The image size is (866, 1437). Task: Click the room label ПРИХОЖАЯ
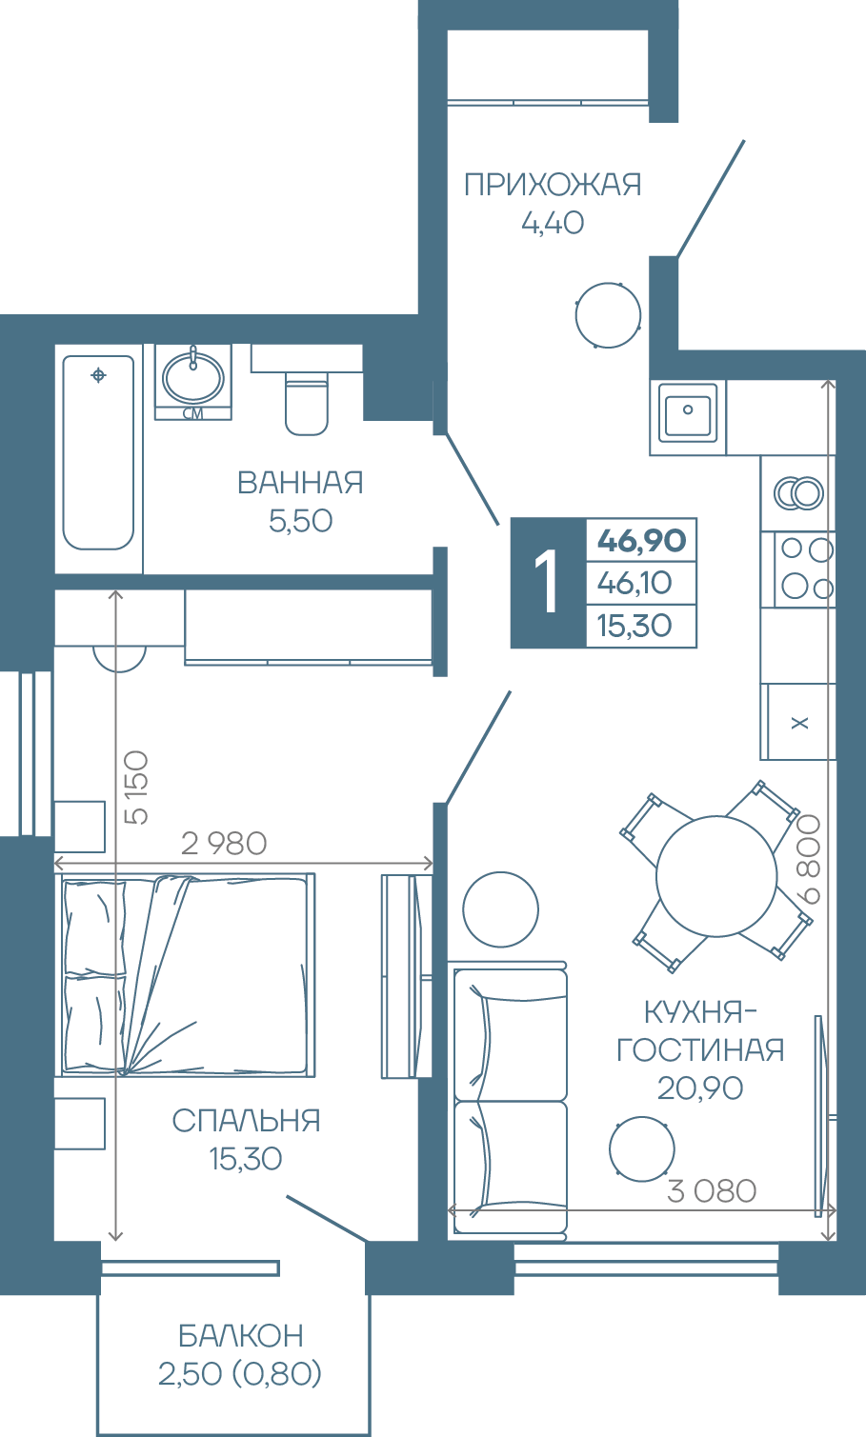tap(552, 185)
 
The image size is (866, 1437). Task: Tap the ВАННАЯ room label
tap(300, 483)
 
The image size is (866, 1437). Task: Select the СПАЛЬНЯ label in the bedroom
tap(246, 1120)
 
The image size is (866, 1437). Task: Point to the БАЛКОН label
tap(241, 1335)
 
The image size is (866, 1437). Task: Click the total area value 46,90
tap(641, 540)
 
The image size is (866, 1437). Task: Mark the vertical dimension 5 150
tap(136, 788)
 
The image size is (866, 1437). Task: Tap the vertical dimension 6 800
tap(809, 859)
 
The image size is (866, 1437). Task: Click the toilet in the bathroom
tap(306, 404)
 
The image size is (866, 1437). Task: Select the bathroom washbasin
tap(193, 378)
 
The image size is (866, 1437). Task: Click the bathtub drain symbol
tap(98, 374)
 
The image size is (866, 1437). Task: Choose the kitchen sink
tap(688, 413)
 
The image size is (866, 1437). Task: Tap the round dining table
tap(716, 876)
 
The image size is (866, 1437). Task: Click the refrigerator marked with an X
tap(798, 722)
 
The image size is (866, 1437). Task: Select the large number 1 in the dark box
tap(546, 582)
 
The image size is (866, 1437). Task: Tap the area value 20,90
tap(699, 1088)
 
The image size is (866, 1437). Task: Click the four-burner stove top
tap(805, 569)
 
